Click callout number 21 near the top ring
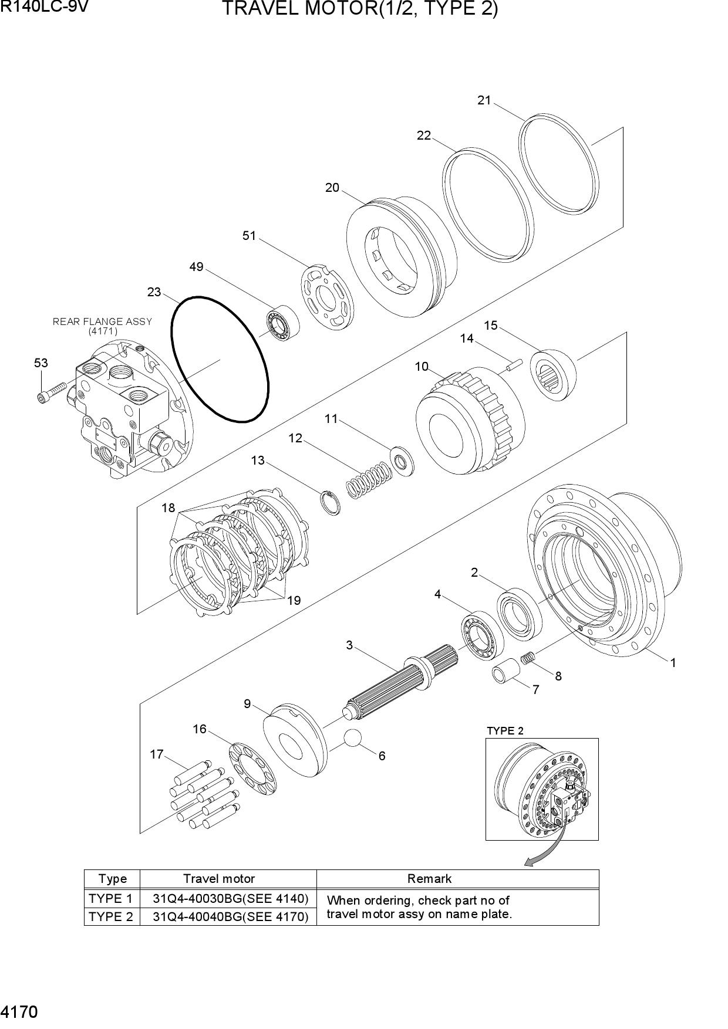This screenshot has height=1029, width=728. coord(484,100)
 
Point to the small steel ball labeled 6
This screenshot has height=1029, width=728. coord(353,737)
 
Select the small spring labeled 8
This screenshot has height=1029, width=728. coord(528,659)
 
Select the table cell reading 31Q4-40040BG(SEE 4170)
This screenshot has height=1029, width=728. coord(230,916)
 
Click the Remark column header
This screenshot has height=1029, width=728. coord(430,878)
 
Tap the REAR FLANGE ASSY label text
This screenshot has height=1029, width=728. coord(103,321)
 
